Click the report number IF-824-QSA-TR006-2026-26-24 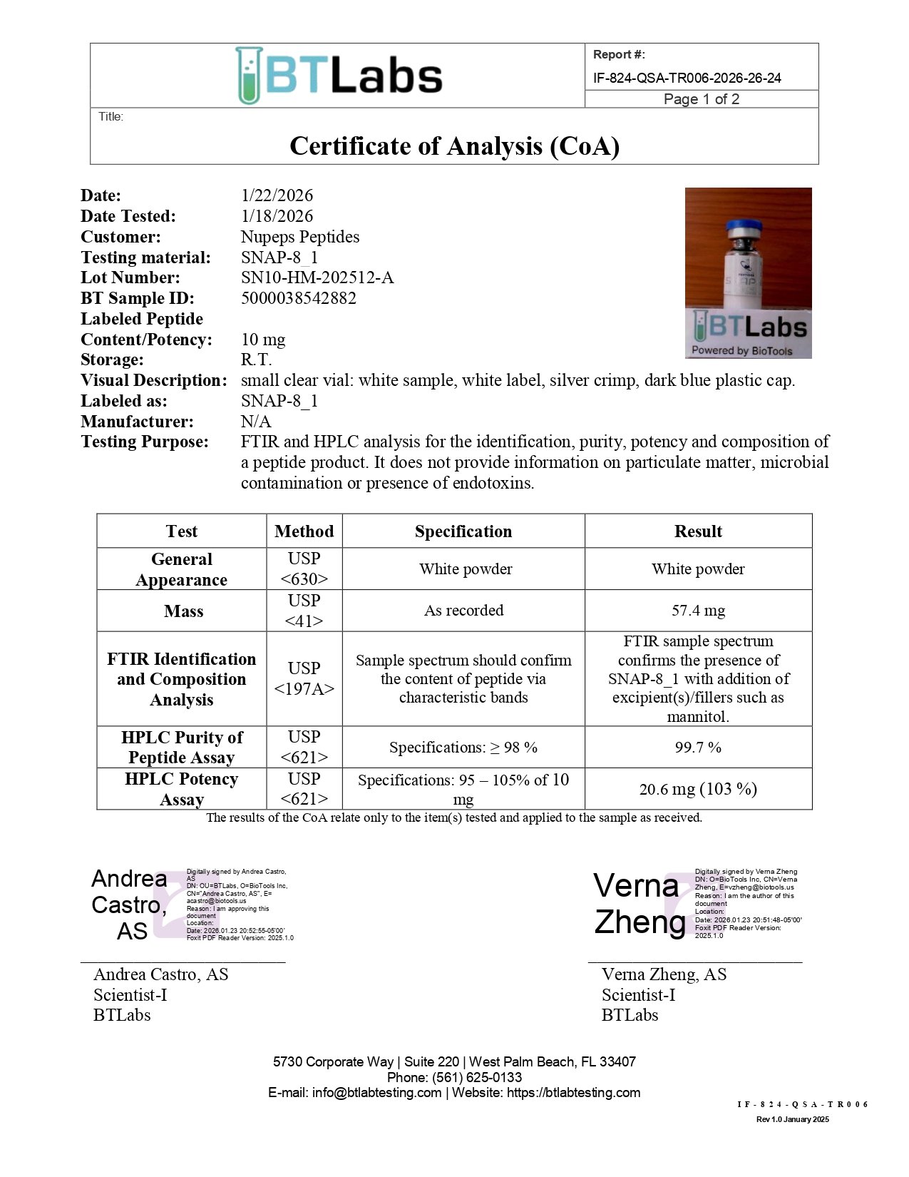pos(687,78)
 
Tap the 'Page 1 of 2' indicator pos(701,99)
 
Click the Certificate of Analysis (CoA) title pos(454,146)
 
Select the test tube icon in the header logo pos(248,76)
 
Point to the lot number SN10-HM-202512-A pos(317,277)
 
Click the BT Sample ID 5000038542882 pos(298,298)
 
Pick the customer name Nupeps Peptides pos(300,237)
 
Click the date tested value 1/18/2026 pos(277,216)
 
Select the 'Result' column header pos(698,531)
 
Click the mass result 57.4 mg pos(698,611)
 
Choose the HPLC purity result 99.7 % pos(698,748)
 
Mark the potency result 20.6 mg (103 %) pos(698,789)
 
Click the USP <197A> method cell pos(304,678)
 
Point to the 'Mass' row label pos(183,611)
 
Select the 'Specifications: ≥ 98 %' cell pos(463,748)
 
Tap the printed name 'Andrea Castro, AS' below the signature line pos(161,974)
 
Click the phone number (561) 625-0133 pos(477,1077)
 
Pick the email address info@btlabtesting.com pos(376,1093)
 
